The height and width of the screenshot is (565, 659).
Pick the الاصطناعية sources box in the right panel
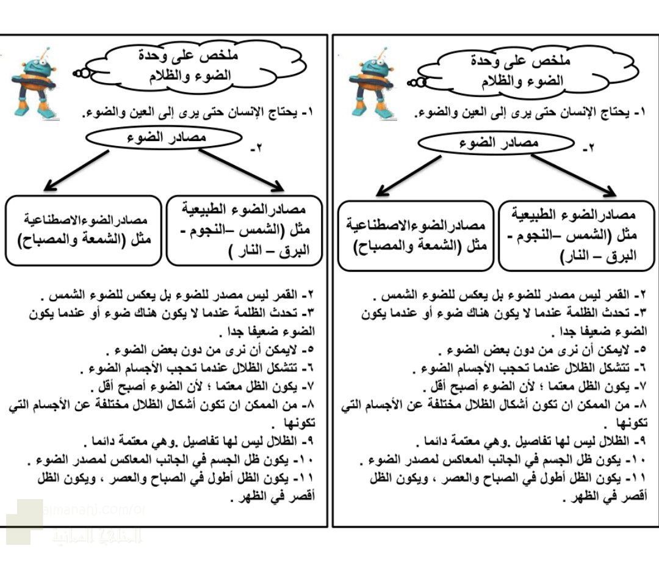(x=415, y=235)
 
